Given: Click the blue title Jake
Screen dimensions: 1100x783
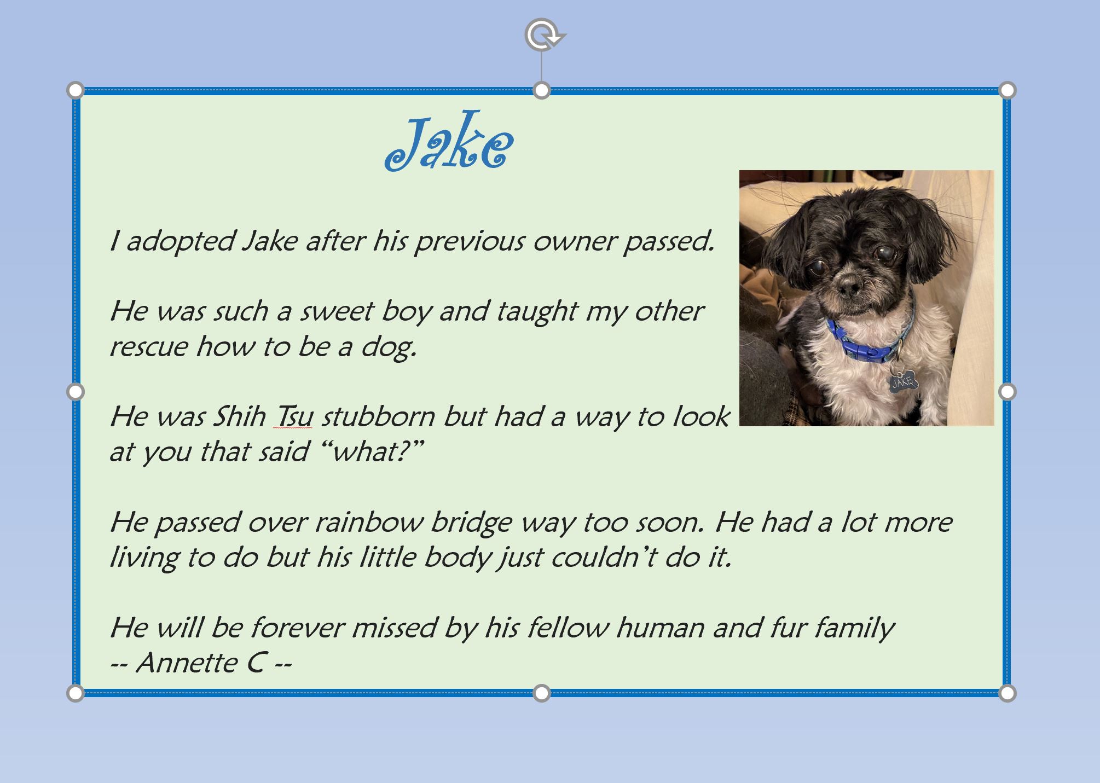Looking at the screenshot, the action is tap(449, 141).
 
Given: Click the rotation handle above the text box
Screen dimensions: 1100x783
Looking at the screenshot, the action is tap(543, 35).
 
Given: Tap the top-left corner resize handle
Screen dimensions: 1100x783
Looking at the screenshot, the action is tap(76, 90).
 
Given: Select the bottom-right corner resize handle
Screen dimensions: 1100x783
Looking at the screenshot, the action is tap(1007, 693).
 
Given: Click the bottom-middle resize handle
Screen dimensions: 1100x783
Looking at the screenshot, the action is tap(541, 693).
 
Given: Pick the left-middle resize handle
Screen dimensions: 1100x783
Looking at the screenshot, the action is tap(76, 392).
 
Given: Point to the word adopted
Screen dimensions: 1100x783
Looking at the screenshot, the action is tap(181, 242).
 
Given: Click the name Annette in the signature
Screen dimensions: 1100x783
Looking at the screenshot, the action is tap(186, 663).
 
